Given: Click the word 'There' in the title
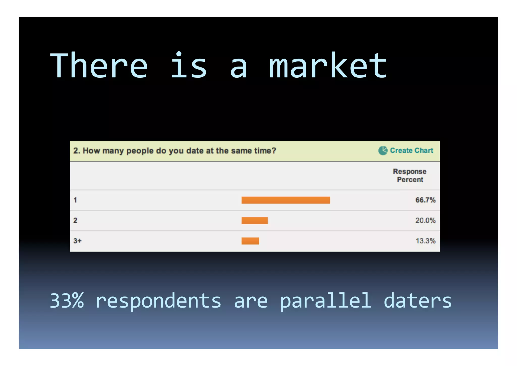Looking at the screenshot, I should pos(99,66).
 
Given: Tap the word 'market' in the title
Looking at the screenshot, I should pos(328,66).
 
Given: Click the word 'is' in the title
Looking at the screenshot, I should pos(189,65).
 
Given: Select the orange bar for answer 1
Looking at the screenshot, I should pos(286,200).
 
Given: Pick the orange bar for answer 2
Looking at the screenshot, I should pos(254,221).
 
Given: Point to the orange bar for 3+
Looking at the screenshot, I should pos(250,241).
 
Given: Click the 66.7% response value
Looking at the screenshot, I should pos(425,200).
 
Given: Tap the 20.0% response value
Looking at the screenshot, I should pos(425,221).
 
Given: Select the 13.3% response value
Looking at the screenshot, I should pos(426,241).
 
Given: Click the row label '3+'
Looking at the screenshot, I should pos(77,241).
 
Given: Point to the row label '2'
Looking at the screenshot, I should pos(75,221).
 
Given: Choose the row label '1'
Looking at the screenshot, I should pos(75,200).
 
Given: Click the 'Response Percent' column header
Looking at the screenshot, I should pos(410,176).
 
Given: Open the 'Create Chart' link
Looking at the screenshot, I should pos(411,150).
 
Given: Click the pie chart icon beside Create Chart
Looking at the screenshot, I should pos(383,150).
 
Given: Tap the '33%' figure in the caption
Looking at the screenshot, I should pos(67,301).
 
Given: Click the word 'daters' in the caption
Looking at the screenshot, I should pos(418,301).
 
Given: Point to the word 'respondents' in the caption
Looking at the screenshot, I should pos(158,301).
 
